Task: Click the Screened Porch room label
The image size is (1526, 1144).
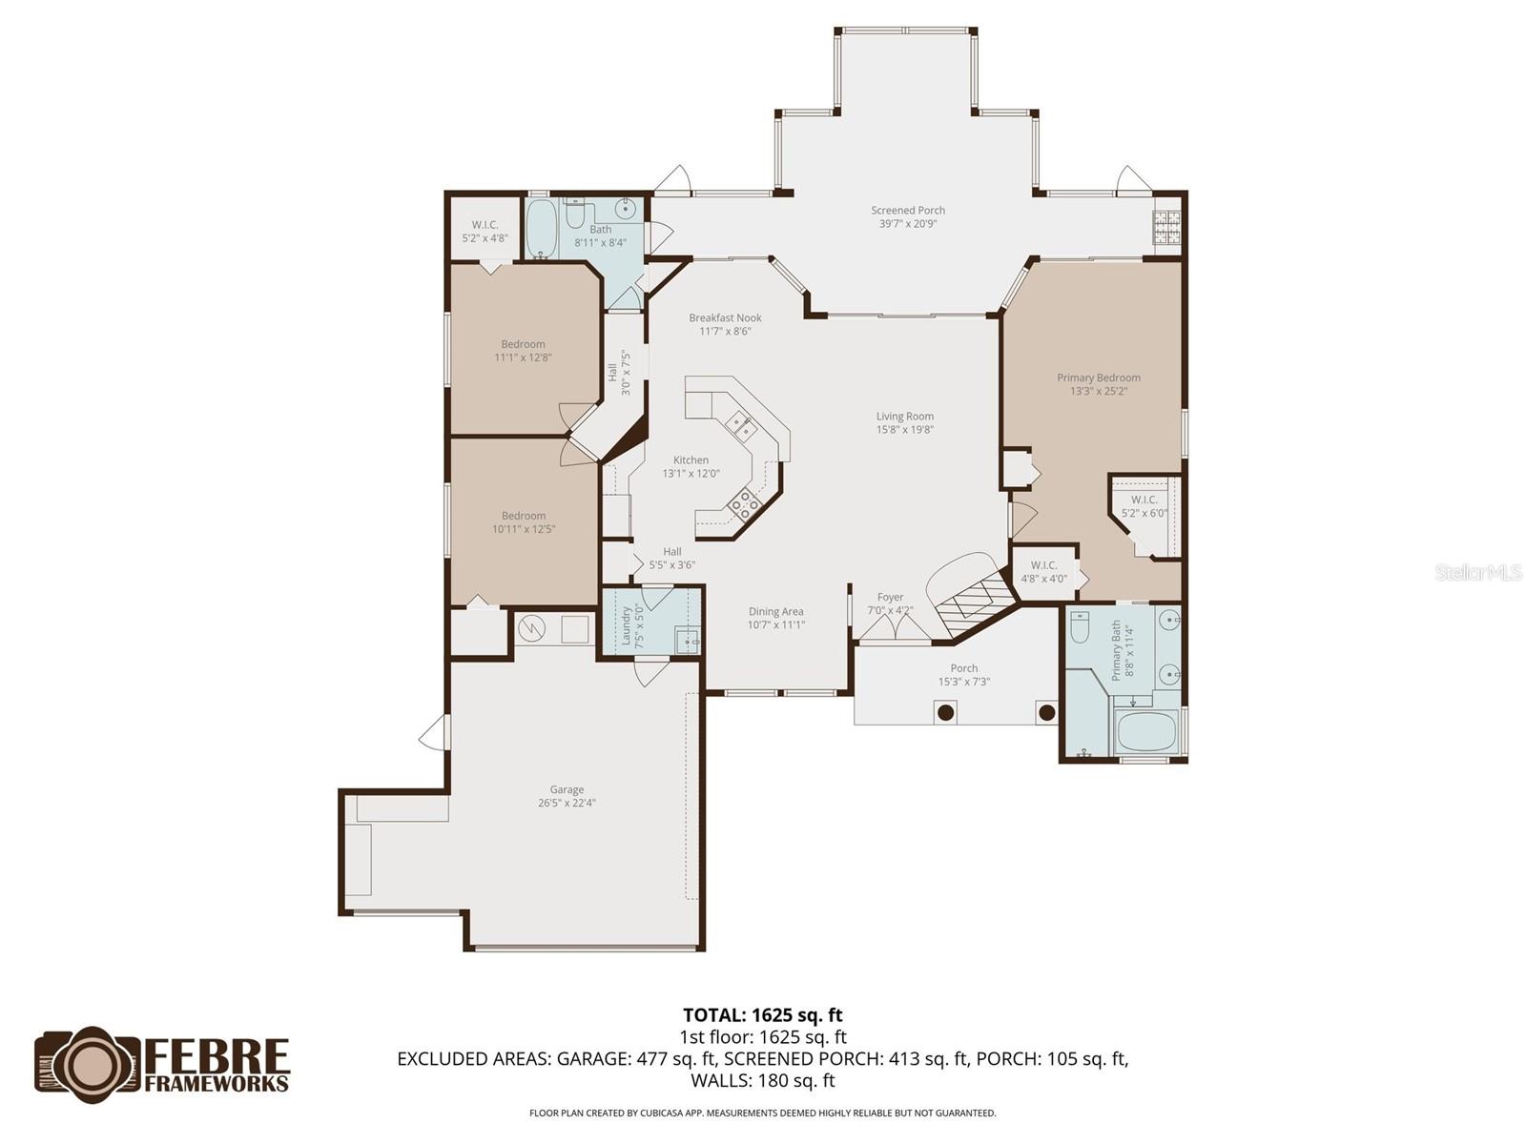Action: [x=907, y=211]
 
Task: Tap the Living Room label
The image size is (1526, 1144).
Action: [x=904, y=417]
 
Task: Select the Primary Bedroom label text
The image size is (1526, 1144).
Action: [x=1098, y=378]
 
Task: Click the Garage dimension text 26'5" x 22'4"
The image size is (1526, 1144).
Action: [x=567, y=803]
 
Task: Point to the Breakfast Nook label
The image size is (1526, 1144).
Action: [x=725, y=318]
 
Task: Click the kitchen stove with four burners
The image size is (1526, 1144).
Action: [x=744, y=501]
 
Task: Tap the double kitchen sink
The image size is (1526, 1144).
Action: [x=739, y=423]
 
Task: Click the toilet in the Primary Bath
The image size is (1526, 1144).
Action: [x=1081, y=626]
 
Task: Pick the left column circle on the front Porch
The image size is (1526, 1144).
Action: [x=945, y=711]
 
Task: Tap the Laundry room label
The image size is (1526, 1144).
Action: [x=627, y=625]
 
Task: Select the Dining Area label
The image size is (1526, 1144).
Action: [x=775, y=612]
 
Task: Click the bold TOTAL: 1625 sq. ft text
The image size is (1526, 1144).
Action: [x=762, y=1015]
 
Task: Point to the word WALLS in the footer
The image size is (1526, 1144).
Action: [x=721, y=1080]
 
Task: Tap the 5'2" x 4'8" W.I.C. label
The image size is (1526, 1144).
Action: [x=485, y=232]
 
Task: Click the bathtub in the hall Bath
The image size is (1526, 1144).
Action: [x=542, y=229]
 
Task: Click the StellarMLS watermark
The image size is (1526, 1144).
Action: [x=1478, y=573]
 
